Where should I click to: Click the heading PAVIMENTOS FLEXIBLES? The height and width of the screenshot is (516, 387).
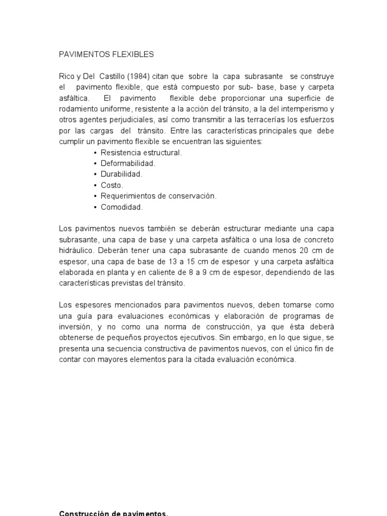click(106, 54)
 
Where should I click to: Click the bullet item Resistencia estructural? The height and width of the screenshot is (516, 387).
click(141, 152)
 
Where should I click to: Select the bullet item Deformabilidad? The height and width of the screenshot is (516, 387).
click(128, 163)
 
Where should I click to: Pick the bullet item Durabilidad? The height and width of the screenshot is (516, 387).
click(121, 174)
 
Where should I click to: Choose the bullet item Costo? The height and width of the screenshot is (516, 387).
click(112, 185)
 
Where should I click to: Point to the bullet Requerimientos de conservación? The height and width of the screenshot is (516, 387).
click(158, 196)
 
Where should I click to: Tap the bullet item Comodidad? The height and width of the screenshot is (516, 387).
click(122, 207)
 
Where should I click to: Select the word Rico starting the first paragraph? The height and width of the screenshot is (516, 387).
click(67, 76)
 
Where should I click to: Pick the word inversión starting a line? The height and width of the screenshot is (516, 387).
click(75, 327)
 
